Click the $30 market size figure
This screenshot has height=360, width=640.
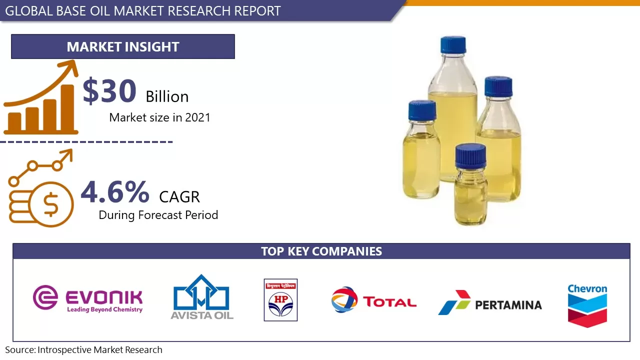[x=109, y=91]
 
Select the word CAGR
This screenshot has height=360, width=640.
[x=179, y=197]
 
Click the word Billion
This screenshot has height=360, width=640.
[x=167, y=96]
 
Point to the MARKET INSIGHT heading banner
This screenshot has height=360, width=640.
[x=123, y=46]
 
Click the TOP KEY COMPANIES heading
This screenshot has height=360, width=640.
[x=321, y=251]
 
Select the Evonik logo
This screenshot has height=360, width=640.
[x=88, y=298]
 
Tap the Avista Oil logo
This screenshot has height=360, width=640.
[x=201, y=297]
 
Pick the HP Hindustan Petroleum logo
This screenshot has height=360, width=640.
[x=280, y=299]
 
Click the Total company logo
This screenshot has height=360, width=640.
[x=373, y=300]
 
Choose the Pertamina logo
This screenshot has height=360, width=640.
[x=490, y=303]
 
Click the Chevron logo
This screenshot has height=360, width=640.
[x=587, y=305]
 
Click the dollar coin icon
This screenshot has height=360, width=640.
[x=50, y=204]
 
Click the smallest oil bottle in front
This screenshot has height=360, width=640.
[x=470, y=185]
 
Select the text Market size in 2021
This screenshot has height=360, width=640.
[x=159, y=117]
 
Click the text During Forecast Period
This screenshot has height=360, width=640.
[x=158, y=215]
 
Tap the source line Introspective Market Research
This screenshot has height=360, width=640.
[x=84, y=350]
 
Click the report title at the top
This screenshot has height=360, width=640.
[x=143, y=10]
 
